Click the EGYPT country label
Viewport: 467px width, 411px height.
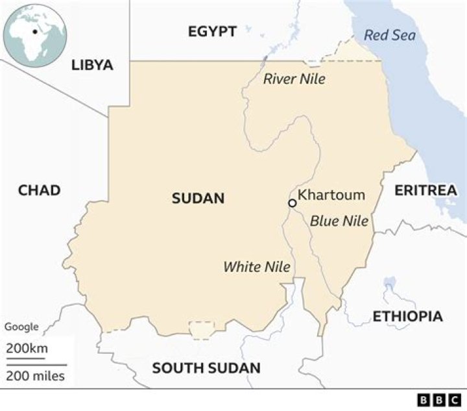212,31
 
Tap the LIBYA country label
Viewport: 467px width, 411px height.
92,65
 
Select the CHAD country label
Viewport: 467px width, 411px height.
39,190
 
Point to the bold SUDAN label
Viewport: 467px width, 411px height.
198,199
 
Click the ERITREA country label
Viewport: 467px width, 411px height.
425,190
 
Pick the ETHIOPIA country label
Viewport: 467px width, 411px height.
407,316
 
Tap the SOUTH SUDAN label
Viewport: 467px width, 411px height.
206,368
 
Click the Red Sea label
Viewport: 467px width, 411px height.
389,35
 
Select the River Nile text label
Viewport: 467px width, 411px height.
294,79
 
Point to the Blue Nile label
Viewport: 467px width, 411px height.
339,221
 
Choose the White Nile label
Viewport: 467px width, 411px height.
256,266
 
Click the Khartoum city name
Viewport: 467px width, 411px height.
331,195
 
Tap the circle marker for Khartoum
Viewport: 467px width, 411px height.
292,203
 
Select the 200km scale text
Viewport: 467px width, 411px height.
27,349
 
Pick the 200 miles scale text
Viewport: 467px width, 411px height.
36,375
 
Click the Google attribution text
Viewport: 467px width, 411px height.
21,327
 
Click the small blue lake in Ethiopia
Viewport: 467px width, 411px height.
390,283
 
